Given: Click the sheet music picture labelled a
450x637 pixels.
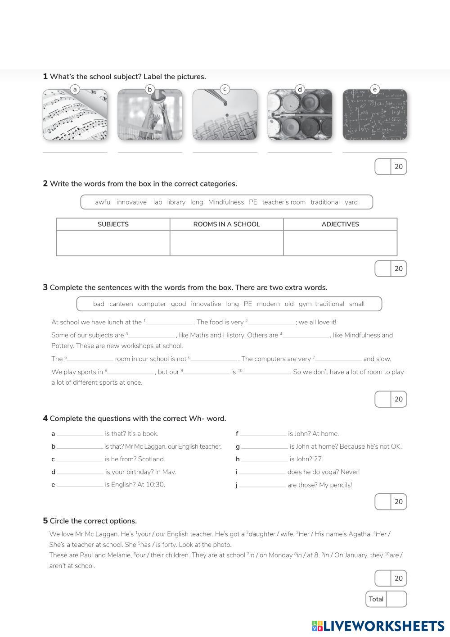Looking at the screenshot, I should [75, 115].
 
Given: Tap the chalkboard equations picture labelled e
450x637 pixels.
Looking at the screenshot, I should [375, 115].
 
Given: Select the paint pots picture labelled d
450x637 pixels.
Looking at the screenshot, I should [300, 115].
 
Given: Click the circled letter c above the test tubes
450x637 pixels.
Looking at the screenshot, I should [225, 89].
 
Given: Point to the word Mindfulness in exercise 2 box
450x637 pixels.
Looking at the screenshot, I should [226, 202].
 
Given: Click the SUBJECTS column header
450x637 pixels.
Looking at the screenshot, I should [113, 224].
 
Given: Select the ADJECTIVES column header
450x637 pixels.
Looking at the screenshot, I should [340, 224].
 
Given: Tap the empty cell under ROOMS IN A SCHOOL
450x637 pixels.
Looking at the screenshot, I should [226, 243].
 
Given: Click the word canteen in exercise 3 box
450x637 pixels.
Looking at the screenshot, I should [121, 304].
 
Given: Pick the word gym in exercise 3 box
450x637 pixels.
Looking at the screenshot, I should [305, 304].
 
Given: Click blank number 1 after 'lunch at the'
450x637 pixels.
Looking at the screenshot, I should [170, 323].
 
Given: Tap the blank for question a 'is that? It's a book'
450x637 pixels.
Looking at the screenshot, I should [80, 434].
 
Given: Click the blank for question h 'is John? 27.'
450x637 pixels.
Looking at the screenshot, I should [265, 460].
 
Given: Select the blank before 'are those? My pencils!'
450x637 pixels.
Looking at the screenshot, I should [262, 486].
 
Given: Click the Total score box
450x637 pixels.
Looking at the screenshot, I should [396, 599].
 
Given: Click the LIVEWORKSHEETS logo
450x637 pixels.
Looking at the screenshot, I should [378, 626].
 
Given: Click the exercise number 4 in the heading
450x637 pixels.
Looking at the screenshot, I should [45, 419].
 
